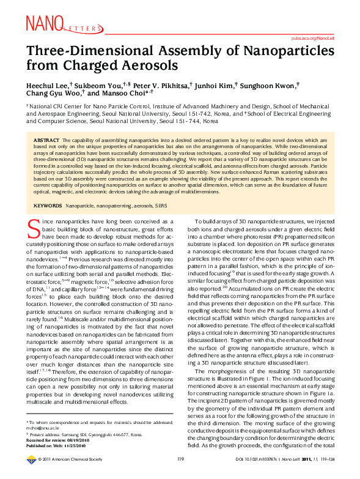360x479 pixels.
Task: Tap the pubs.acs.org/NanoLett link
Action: click(x=317, y=38)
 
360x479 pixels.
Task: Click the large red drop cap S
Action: click(x=34, y=227)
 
